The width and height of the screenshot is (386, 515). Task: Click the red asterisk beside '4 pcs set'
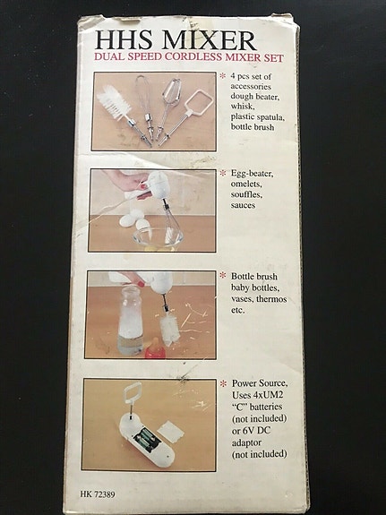222,77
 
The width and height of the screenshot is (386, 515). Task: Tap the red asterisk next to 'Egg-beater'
222,173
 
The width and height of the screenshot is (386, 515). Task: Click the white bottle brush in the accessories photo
116,102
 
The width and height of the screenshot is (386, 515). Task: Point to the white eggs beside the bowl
133,219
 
